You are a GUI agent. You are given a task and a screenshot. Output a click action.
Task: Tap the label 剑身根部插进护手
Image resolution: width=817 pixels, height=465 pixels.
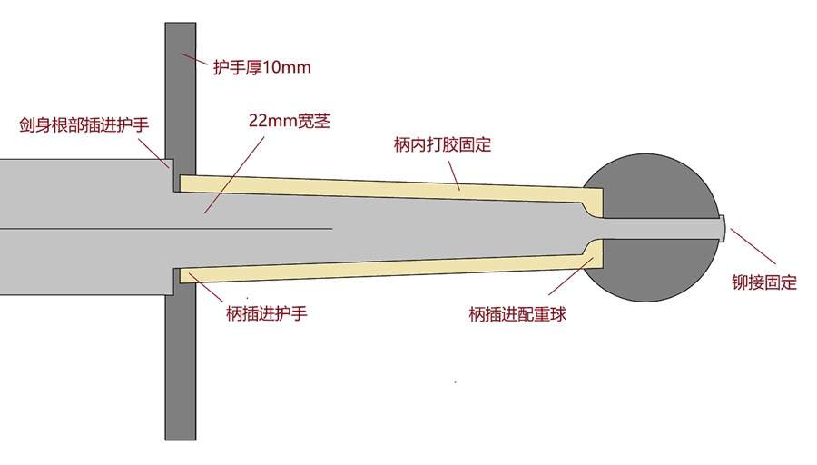[x=84, y=124]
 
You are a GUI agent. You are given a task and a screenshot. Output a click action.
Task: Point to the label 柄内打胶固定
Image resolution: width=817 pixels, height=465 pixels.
[x=442, y=144]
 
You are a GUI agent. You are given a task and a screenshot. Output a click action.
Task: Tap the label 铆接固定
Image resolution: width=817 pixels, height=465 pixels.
[x=764, y=282]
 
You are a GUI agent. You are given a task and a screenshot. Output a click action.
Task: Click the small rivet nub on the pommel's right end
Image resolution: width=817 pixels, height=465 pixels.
[x=723, y=227]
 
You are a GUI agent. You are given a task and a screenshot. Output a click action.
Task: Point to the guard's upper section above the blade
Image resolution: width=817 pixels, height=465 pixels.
[x=181, y=91]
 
